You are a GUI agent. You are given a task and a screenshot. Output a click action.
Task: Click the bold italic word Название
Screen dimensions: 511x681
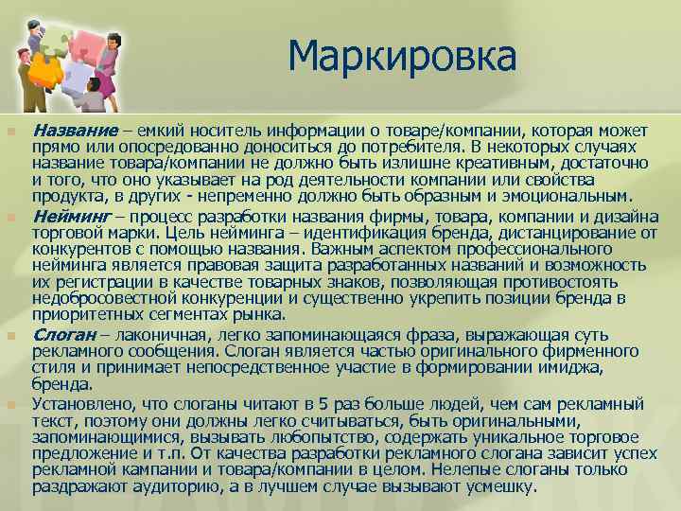click(x=75, y=130)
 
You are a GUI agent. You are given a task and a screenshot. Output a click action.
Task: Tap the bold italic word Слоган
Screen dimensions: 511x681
click(x=62, y=335)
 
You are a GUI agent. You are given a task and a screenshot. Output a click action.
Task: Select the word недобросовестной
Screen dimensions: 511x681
click(x=103, y=298)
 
